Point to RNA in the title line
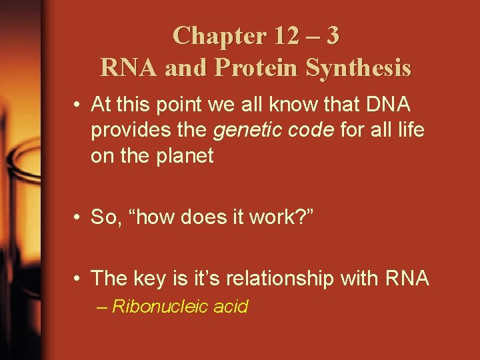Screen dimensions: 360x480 point(127,67)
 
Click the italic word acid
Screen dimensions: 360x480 point(231,307)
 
